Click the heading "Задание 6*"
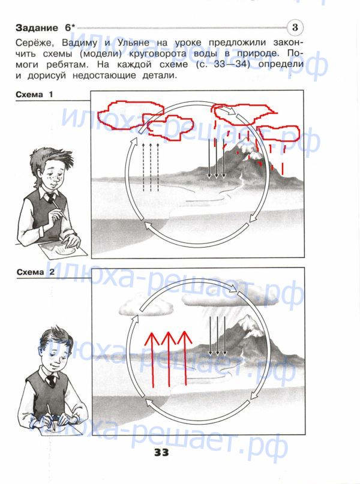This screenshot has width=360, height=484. coord(46,28)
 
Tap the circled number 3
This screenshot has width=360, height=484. coord(295,28)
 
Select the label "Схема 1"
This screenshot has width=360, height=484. coord(34,94)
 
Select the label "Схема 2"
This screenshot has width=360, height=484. coord(35,272)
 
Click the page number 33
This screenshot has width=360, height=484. coord(161,453)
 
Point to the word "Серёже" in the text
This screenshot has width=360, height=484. coord(35,43)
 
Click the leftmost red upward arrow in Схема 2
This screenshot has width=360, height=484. coord(152,360)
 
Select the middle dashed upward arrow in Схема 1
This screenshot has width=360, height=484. coord(151,167)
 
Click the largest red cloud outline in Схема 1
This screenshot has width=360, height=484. coord(130,115)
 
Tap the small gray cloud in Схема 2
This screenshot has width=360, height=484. coord(146,306)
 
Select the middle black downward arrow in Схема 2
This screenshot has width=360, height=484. coord(217,335)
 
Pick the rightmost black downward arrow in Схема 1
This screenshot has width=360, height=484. coord(224,158)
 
